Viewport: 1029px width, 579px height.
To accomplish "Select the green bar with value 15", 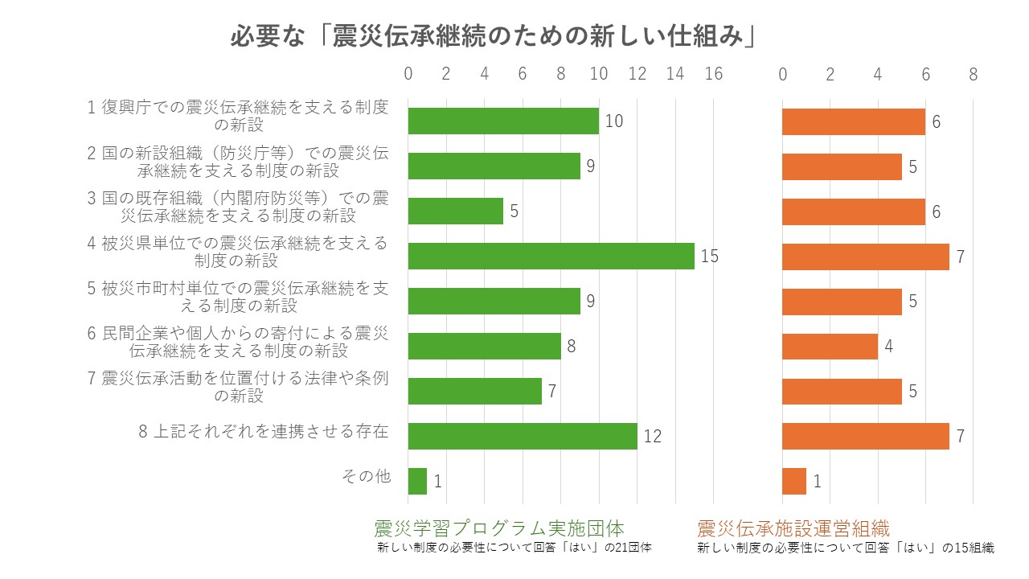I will click(x=551, y=256).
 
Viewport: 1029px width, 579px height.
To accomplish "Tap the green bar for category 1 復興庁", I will click(x=503, y=121).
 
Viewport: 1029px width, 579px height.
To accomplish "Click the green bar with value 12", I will click(x=523, y=436).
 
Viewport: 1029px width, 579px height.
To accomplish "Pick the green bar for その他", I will click(x=417, y=481).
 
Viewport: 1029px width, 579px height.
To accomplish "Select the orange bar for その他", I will click(x=794, y=481).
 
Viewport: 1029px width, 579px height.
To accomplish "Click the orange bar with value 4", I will click(x=830, y=347).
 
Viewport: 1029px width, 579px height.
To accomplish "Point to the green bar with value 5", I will click(x=455, y=211).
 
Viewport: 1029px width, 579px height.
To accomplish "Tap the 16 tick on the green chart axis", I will click(x=713, y=74).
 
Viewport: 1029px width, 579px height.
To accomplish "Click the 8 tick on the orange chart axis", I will click(x=973, y=74).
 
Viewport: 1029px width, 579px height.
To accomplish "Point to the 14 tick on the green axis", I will click(x=675, y=74).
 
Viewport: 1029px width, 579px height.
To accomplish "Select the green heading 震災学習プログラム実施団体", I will click(x=498, y=528).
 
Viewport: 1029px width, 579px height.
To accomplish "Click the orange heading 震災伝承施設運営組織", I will click(x=793, y=528).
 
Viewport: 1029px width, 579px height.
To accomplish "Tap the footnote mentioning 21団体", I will click(x=514, y=548).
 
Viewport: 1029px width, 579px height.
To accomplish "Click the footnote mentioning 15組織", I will click(x=845, y=548).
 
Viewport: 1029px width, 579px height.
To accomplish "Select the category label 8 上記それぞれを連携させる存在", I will click(x=264, y=432).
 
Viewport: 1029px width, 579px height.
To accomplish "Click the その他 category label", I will click(x=366, y=476).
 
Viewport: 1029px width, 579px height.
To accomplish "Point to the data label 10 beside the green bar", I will click(x=614, y=121).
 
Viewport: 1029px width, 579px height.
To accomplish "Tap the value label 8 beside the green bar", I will click(x=572, y=347).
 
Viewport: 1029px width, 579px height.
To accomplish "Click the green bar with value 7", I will click(x=474, y=391).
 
